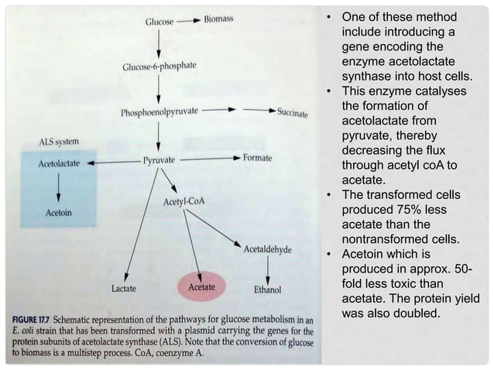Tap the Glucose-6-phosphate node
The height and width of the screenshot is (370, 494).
[159, 67]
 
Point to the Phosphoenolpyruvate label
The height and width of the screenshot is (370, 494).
[159, 112]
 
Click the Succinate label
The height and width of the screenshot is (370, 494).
[292, 113]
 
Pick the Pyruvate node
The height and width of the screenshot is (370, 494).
[160, 160]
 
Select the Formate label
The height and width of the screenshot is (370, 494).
[257, 158]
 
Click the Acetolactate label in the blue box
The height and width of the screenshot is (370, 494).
[59, 164]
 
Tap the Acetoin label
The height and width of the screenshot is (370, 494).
[59, 211]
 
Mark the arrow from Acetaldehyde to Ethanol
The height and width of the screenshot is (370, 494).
[267, 269]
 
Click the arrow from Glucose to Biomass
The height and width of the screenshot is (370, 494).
[188, 20]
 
